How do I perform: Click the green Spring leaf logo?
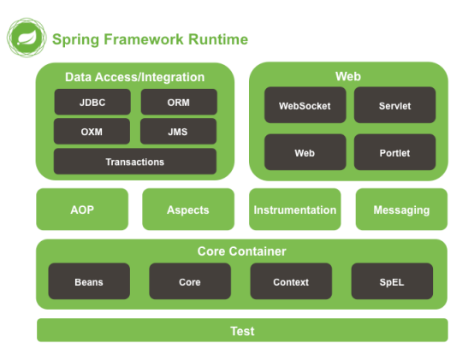(x=24, y=38)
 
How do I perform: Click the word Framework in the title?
(x=136, y=39)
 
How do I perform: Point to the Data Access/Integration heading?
(x=134, y=77)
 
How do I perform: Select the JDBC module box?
(x=92, y=102)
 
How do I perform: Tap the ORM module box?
(x=178, y=102)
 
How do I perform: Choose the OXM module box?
(x=92, y=132)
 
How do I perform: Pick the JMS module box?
(x=178, y=132)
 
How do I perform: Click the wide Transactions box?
(x=134, y=162)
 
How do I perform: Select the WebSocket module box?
(x=305, y=106)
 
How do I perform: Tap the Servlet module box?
(x=394, y=106)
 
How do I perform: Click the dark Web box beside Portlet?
(x=305, y=153)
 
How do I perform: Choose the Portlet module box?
(x=394, y=153)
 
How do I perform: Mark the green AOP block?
(x=82, y=210)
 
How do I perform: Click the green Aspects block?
(x=187, y=210)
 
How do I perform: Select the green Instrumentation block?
(x=294, y=210)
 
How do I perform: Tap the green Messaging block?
(x=401, y=210)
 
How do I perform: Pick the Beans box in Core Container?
(x=89, y=281)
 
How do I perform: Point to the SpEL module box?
(x=392, y=281)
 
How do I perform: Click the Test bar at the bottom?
(x=242, y=331)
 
